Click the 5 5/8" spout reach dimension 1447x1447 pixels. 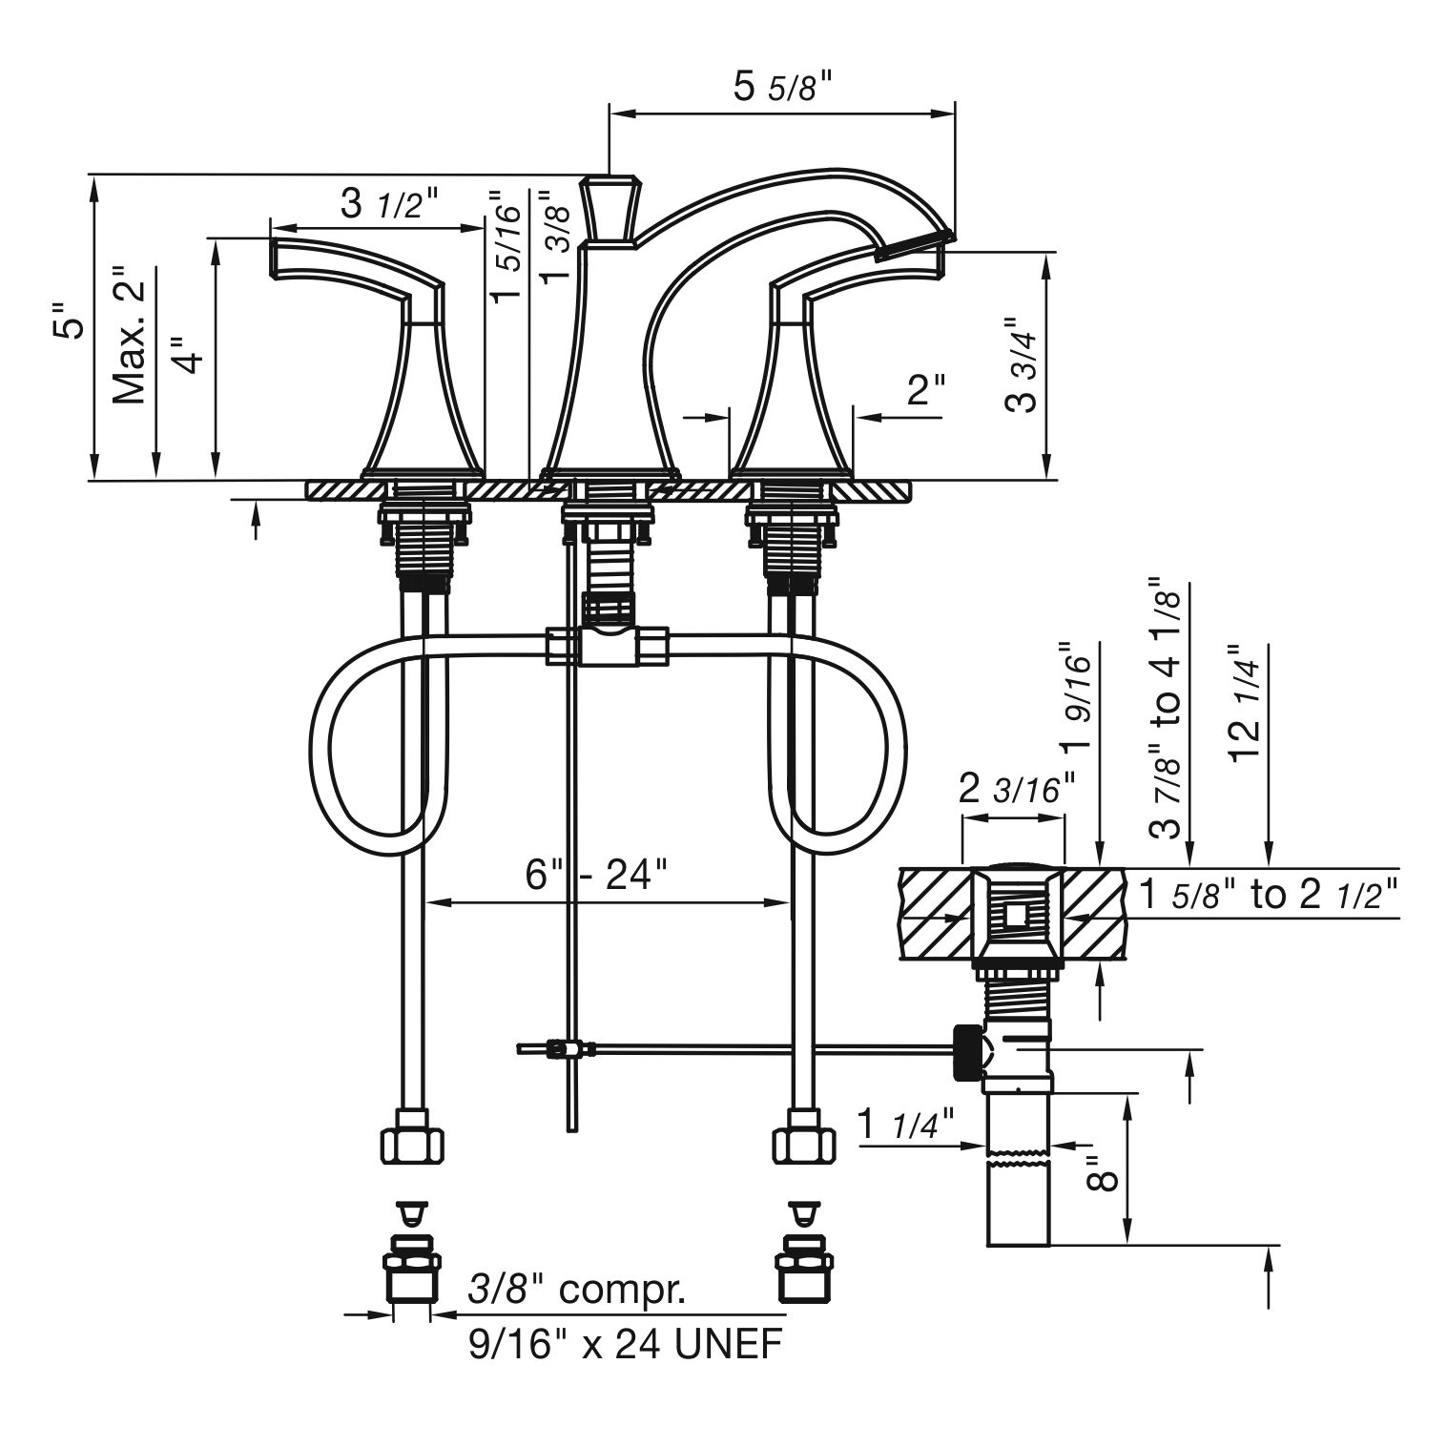coord(783,87)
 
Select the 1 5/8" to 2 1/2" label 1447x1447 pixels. coord(1269,895)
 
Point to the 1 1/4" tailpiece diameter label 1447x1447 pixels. coord(905,1122)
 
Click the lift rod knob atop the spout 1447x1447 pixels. coord(610,210)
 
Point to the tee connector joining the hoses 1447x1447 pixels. coord(607,646)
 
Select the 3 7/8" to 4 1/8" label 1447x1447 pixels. coord(1167,706)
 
